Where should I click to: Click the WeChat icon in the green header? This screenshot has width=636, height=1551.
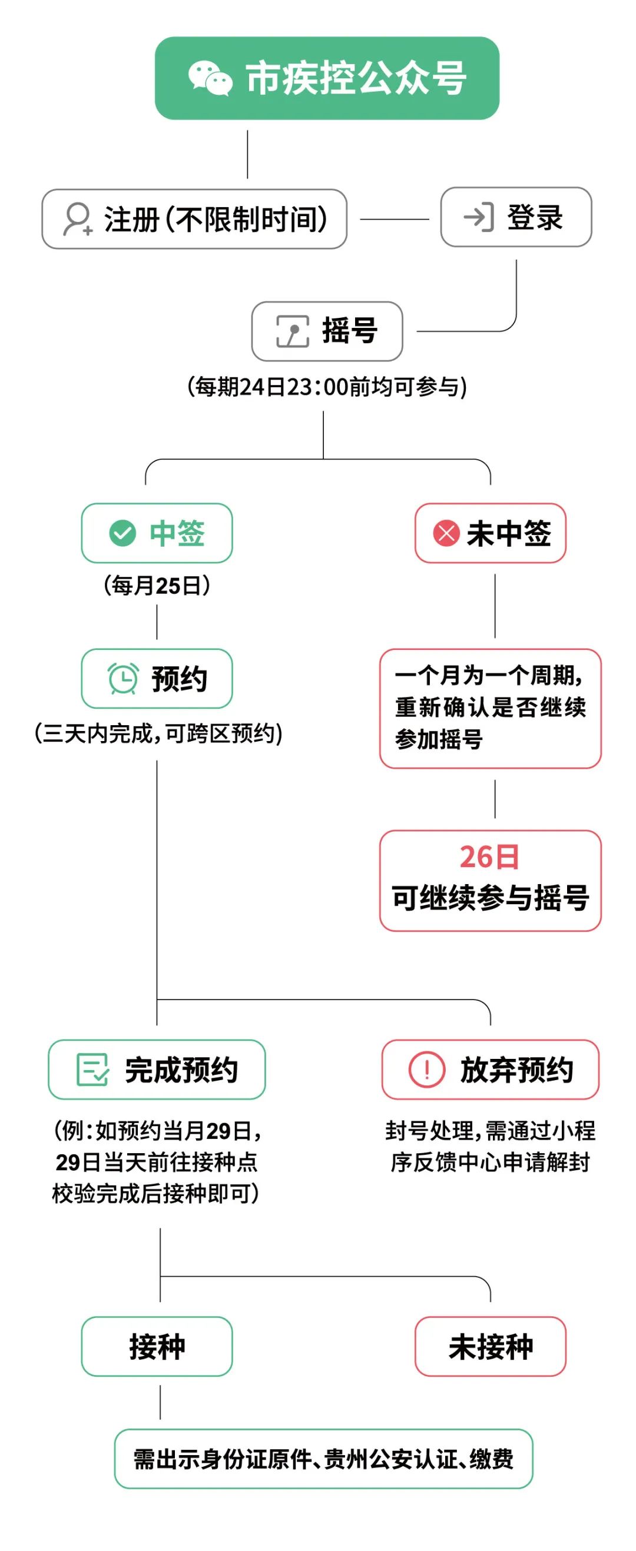(210, 78)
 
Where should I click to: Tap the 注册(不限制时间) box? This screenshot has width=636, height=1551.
(194, 219)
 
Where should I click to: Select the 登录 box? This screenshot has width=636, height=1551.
(516, 217)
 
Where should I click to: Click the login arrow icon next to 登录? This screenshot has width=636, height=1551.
(478, 217)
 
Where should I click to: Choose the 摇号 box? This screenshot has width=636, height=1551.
(326, 331)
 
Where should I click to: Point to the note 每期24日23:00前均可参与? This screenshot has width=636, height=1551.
(326, 387)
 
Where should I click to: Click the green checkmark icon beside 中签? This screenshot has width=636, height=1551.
(122, 533)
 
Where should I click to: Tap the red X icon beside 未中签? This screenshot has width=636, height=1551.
(446, 533)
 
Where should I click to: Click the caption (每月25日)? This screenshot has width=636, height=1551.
(157, 585)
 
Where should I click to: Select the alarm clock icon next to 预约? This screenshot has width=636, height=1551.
(123, 679)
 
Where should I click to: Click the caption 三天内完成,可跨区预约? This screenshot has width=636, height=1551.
(158, 733)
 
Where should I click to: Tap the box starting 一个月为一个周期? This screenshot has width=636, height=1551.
(490, 708)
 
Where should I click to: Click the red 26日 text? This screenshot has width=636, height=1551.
(489, 856)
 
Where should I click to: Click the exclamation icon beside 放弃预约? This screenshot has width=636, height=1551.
(426, 1070)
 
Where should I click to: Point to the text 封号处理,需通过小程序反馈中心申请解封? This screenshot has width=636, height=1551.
(490, 1146)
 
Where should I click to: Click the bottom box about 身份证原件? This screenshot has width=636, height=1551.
(323, 1459)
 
